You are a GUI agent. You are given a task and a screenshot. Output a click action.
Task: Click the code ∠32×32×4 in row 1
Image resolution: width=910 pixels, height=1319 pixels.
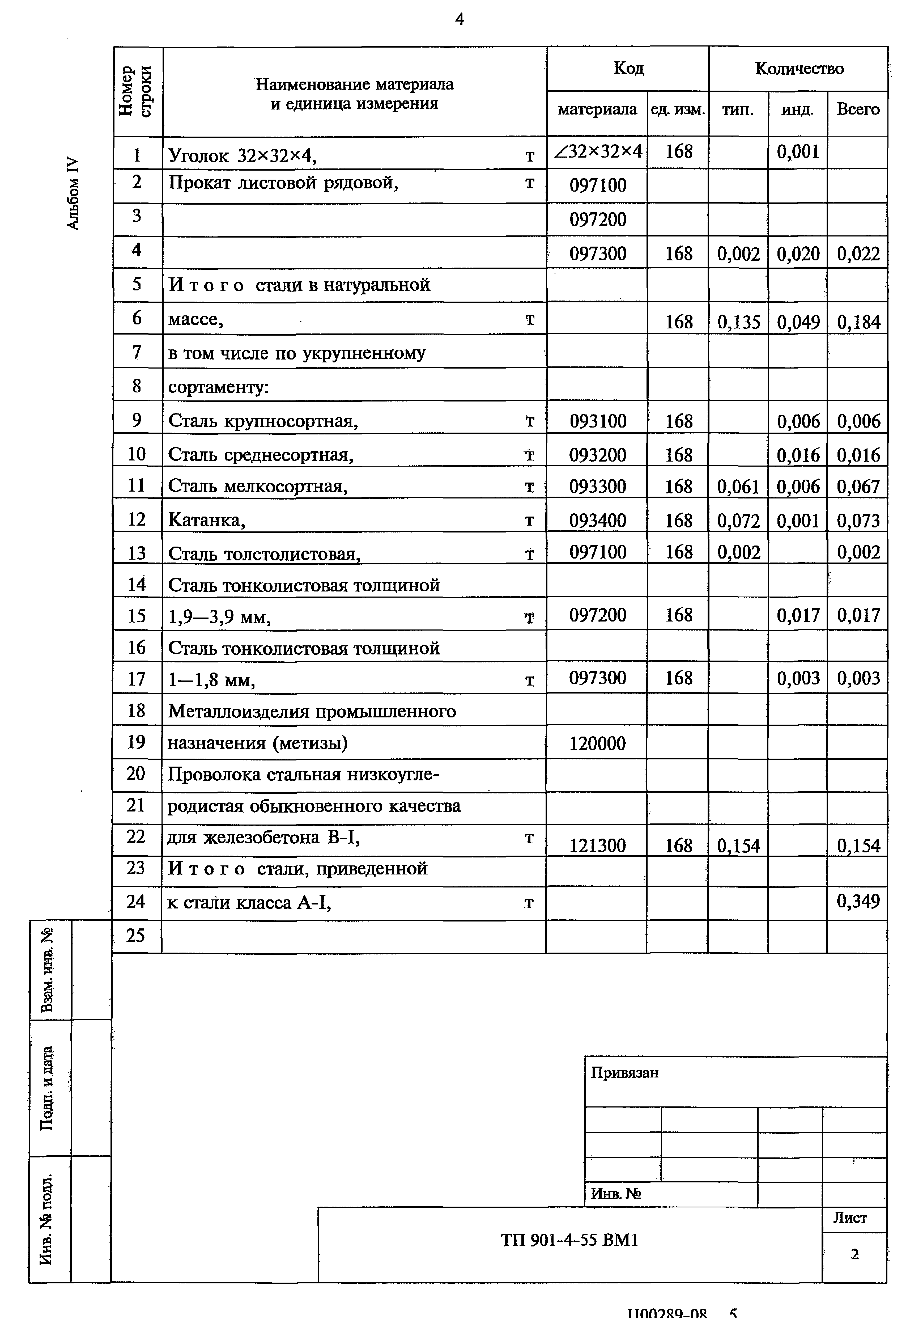point(598,152)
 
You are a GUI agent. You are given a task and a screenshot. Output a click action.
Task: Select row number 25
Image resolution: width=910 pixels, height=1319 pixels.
point(136,935)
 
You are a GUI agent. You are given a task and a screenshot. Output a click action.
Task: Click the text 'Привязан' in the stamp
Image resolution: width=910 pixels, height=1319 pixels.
point(624,1073)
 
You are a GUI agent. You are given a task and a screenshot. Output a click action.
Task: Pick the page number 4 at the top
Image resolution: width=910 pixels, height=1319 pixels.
point(460,20)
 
